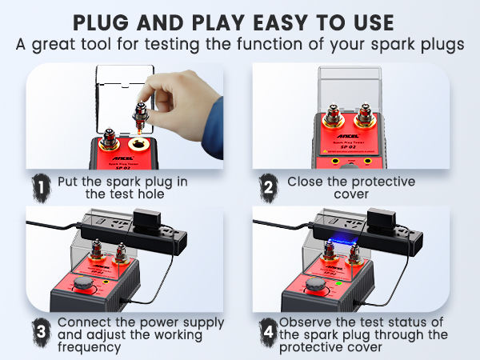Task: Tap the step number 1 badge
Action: point(40,186)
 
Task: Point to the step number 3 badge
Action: point(39,330)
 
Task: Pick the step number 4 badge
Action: point(269,330)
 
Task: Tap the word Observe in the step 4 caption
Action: point(306,322)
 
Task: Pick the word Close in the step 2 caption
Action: point(306,182)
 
